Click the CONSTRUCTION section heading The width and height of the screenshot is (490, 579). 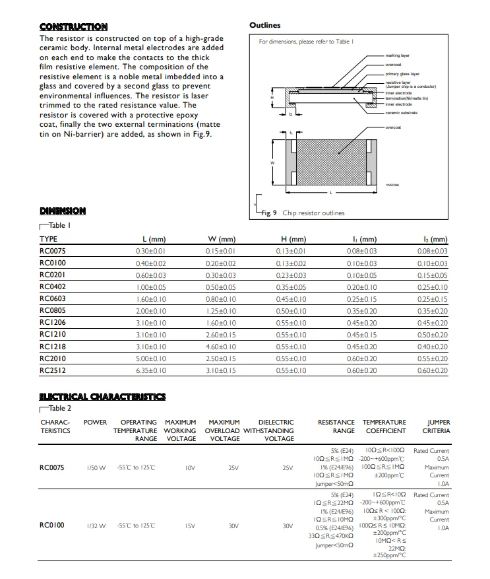73,27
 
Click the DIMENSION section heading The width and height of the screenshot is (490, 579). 63,211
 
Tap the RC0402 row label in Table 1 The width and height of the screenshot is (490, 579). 53,287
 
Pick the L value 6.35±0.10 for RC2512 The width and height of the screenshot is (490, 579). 150,371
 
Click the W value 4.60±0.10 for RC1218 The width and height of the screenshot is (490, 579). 220,347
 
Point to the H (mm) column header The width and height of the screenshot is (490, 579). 293,239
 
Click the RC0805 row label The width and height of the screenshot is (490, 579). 53,311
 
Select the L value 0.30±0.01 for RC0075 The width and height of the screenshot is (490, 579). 150,252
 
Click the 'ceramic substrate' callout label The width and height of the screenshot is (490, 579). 402,113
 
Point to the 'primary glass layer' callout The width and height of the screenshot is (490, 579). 402,74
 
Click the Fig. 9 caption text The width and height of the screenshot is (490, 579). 303,213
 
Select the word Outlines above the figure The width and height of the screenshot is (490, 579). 265,25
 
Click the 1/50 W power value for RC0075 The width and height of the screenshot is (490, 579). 96,468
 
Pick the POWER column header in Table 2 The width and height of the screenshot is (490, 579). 96,422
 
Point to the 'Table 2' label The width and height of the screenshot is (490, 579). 59,409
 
